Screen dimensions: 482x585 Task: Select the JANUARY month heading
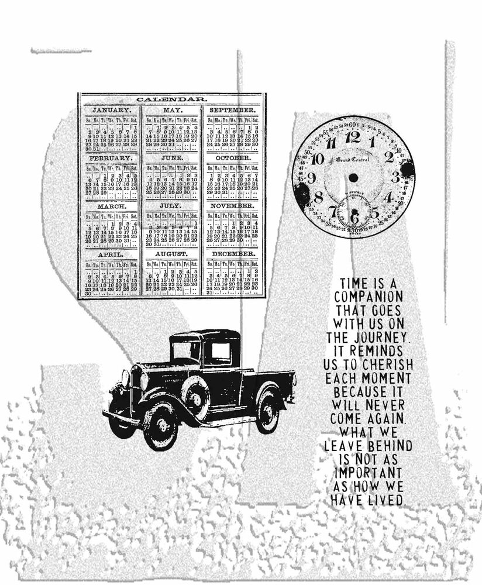[111, 110]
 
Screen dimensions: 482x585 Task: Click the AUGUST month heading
[171, 255]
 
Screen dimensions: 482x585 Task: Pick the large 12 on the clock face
[353, 138]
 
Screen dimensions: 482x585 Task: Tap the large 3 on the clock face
[395, 177]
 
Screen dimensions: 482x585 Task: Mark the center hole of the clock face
[353, 176]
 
